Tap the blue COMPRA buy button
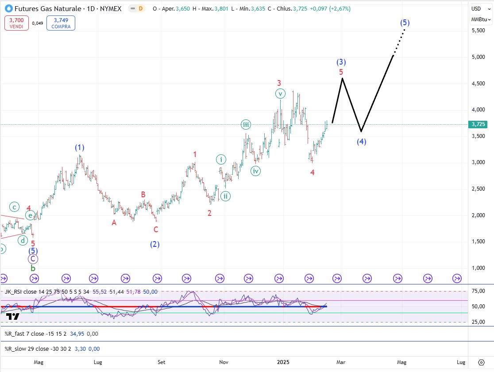coord(61,23)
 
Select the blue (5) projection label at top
coord(404,23)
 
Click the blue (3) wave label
coord(341,62)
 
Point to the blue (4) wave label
coord(362,142)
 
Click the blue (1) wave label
coord(79,147)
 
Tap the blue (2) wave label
coord(154,244)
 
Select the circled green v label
coord(280,94)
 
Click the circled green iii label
coord(246,125)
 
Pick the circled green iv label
coord(255,171)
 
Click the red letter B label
coord(143,194)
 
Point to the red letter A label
coord(114,223)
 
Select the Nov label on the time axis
coord(224,362)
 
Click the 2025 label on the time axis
coord(283,362)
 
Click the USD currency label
coord(476,9)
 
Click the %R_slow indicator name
coord(16,349)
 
